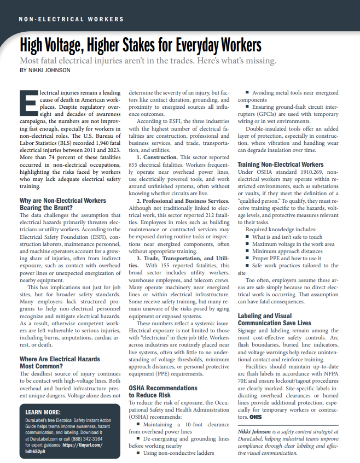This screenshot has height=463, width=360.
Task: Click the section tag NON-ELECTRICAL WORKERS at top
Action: [71, 19]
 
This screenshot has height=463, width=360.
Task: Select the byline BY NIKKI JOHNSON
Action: [45, 70]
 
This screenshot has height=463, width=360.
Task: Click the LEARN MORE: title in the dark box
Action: [44, 412]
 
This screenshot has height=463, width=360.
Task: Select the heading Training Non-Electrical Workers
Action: [280, 165]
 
